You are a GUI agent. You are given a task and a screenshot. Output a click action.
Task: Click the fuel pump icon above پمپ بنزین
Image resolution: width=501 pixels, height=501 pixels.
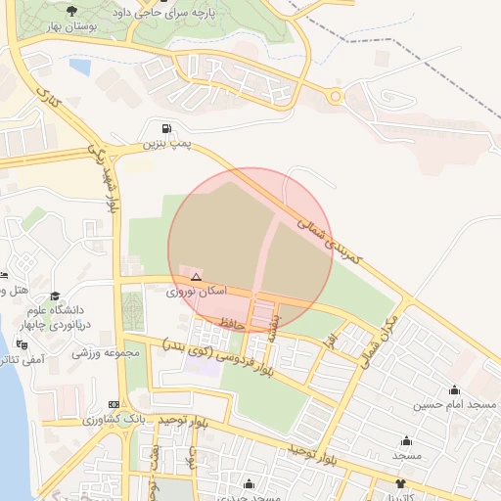point(165,128)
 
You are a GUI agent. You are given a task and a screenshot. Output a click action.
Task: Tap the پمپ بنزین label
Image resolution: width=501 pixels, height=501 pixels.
point(164,144)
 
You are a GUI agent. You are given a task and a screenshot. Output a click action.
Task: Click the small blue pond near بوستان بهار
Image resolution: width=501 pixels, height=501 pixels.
point(79,68)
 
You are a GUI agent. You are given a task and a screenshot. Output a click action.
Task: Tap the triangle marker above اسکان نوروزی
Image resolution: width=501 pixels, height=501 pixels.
point(197,277)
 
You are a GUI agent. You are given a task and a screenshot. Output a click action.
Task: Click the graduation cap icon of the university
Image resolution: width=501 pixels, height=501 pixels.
point(55,296)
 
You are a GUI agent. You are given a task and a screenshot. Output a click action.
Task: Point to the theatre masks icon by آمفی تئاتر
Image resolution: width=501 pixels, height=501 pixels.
point(23,344)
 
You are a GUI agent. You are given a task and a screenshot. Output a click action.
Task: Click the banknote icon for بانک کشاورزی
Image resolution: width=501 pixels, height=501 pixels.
point(114,404)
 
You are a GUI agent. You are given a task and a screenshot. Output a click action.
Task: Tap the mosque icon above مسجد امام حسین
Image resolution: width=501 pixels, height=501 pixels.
point(427,390)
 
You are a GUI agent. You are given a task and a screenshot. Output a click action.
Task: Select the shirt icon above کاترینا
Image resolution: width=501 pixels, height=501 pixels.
point(399,483)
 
